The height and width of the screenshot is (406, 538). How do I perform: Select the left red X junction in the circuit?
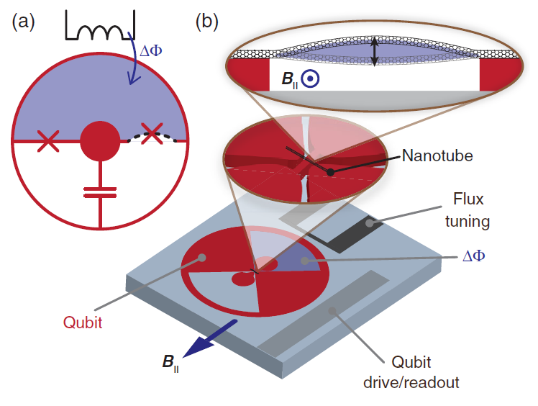pyautogui.click(x=47, y=140)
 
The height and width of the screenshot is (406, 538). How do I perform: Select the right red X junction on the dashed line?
pyautogui.click(x=152, y=135)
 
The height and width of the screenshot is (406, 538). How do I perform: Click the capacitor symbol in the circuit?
pyautogui.click(x=100, y=191)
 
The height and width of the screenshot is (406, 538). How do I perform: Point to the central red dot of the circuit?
pyautogui.click(x=100, y=141)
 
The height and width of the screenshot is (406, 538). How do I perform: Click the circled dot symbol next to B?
pyautogui.click(x=310, y=78)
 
